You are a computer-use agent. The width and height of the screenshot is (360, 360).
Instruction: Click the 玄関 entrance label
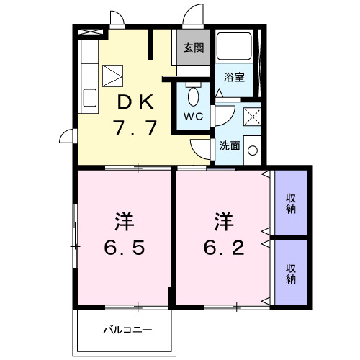pyautogui.click(x=193, y=48)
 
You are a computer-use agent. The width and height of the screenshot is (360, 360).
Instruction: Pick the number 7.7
pyautogui.click(x=134, y=128)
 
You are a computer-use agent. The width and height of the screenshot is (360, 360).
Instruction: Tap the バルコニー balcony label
pyautogui.click(x=127, y=331)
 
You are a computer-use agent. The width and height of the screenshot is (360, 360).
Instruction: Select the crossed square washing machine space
pyautogui.click(x=251, y=116)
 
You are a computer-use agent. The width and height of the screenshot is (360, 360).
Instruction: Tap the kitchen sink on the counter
pyautogui.click(x=91, y=97)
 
